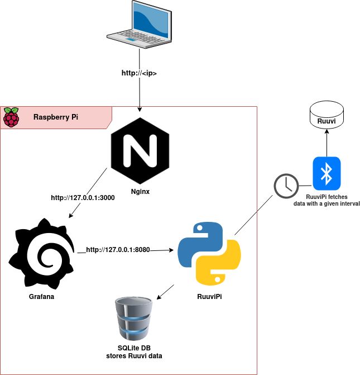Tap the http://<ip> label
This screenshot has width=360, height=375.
(x=139, y=73)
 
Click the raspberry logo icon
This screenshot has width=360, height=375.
(x=11, y=117)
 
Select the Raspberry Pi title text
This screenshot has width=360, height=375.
(x=56, y=117)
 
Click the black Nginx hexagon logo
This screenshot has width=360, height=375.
(x=139, y=151)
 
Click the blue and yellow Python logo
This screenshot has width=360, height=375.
(x=209, y=253)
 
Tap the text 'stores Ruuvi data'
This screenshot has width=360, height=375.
(x=134, y=356)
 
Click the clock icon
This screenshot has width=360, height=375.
(x=286, y=186)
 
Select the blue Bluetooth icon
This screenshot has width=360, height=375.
(x=327, y=173)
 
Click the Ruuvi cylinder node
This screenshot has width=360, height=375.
(x=327, y=117)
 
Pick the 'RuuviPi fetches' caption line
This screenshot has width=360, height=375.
(x=327, y=197)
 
